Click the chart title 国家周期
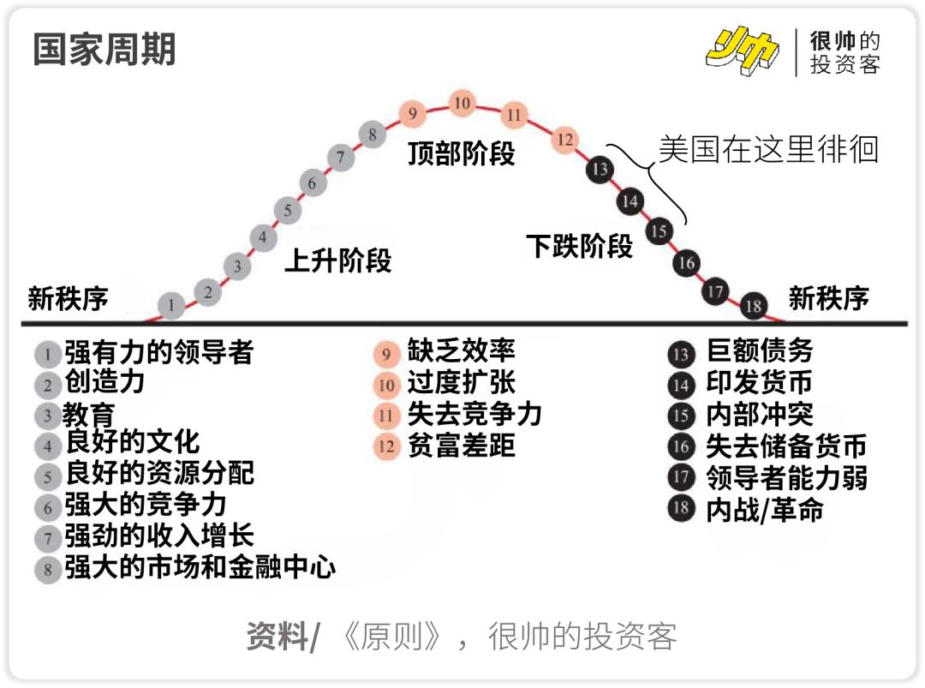104,50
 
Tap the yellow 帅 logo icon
742,52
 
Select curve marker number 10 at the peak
462,105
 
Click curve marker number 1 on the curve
172,304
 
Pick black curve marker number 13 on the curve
600,169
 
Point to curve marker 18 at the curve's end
754,305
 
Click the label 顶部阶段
462,154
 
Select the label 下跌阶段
580,247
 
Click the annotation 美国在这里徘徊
768,149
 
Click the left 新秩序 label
69,299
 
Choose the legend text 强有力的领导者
159,352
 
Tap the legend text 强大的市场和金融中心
200,567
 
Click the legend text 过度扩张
462,383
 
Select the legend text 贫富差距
462,446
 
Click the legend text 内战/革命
765,510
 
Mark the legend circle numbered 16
682,446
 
